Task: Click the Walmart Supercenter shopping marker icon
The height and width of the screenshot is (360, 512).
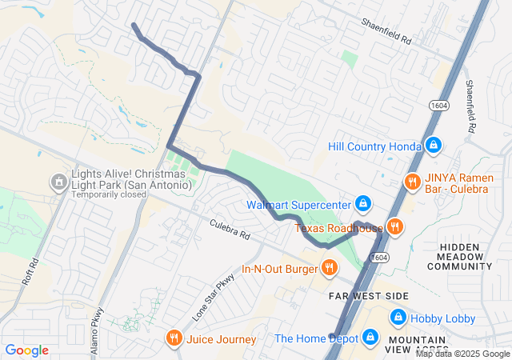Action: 363,203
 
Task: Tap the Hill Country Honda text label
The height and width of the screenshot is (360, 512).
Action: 374,146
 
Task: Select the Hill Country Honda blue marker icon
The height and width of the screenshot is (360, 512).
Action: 433,145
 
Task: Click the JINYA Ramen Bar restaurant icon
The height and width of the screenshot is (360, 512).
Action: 413,181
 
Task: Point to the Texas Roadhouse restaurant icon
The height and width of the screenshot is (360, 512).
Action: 394,227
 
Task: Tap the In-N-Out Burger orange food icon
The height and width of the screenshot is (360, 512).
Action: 328,267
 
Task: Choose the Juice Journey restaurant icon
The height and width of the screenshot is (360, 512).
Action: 174,338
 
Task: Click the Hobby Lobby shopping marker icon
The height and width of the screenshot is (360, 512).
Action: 398,318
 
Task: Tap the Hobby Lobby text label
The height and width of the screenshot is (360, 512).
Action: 442,318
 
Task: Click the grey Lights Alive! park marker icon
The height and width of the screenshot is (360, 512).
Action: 58,183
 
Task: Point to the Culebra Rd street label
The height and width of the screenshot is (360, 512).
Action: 230,230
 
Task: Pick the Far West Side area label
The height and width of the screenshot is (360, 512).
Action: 369,296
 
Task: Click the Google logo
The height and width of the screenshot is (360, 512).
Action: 26,350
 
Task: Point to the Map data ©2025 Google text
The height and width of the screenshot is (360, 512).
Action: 462,354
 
